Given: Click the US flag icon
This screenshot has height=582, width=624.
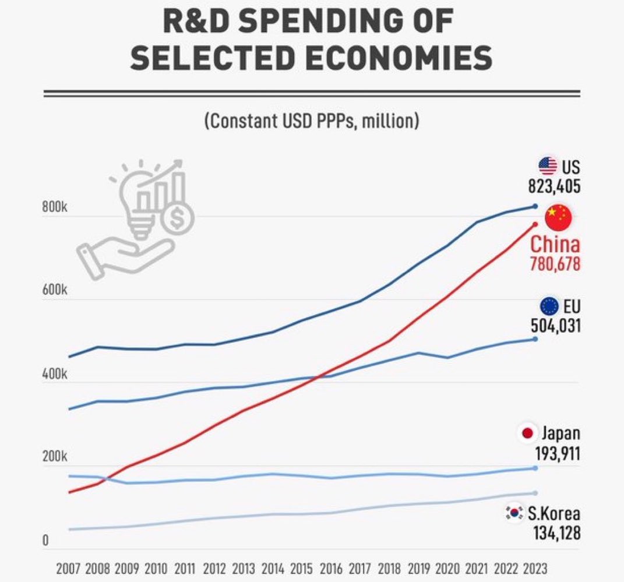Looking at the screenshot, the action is tap(548, 166).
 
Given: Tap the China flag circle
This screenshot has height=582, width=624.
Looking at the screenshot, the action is tap(558, 218).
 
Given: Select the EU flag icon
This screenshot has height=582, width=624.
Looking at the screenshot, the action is tap(549, 306).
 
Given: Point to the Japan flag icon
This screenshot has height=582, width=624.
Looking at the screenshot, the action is tap(528, 433).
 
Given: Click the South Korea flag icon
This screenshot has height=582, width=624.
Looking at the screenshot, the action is tap(514, 513).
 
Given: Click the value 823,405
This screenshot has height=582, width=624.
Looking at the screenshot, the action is tap(554, 186).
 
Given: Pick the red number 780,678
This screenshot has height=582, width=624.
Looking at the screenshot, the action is tap(555, 264).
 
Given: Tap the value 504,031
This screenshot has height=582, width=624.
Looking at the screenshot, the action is tap(556, 326).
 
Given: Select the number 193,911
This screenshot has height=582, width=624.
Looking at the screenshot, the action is tap(558, 453).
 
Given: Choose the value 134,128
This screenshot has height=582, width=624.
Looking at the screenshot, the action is tap(557, 533).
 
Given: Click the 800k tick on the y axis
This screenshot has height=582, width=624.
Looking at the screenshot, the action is tap(55, 207).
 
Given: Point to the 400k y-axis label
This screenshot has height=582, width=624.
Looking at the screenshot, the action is tap(55, 374).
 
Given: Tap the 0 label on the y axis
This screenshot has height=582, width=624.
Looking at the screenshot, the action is tap(45, 540).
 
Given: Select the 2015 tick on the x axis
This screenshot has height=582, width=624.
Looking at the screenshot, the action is tap(302, 569).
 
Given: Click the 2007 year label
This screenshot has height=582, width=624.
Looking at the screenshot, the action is tap(68, 569).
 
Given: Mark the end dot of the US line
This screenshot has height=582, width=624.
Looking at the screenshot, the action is tap(535, 206).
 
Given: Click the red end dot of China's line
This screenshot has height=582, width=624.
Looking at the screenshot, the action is tap(535, 224).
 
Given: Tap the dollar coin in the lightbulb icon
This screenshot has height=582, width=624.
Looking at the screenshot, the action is tap(177, 218).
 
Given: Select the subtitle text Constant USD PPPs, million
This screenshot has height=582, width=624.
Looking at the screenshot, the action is tap(312, 120).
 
